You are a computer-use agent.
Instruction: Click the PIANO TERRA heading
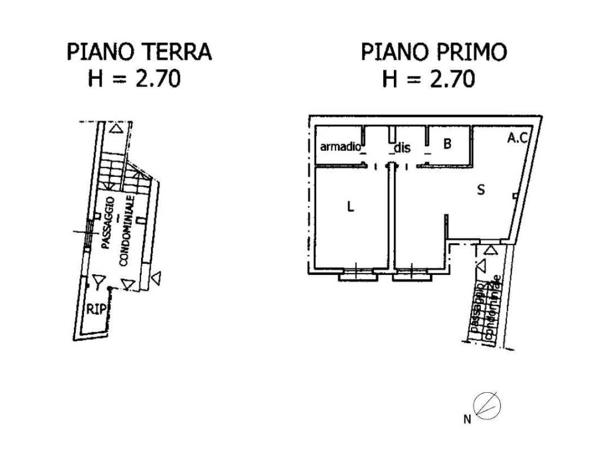[139, 52]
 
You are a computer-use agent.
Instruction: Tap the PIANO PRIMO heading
[434, 52]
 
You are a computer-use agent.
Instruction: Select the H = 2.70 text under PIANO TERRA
[134, 79]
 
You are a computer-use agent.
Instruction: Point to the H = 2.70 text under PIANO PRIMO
[429, 79]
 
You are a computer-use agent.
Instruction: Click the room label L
[350, 207]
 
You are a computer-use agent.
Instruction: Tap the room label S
[480, 190]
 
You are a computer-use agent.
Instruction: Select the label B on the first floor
[447, 143]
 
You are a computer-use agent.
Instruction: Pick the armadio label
[339, 147]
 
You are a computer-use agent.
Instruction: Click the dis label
[402, 147]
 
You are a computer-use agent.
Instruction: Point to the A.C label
[519, 139]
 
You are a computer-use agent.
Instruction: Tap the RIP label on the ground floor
[96, 309]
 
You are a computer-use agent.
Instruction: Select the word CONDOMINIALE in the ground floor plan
[129, 231]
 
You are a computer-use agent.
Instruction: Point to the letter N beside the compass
[467, 419]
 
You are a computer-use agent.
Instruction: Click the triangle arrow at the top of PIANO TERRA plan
[118, 129]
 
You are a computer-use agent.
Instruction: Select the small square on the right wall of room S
[515, 196]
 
